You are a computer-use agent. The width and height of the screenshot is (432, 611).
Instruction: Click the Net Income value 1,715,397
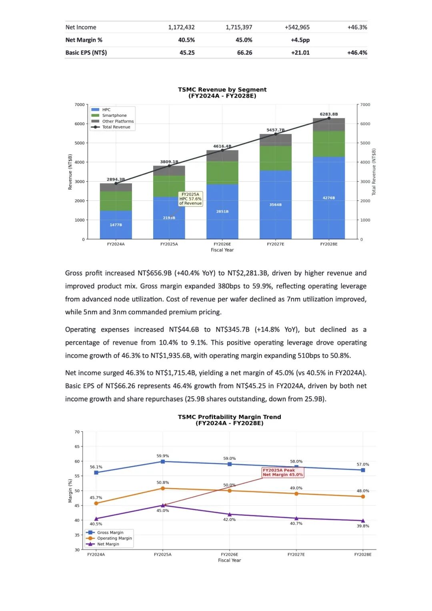tap(239, 27)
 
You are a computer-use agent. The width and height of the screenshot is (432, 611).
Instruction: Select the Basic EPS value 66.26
tap(244, 52)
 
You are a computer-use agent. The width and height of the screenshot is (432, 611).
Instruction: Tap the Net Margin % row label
tap(84, 40)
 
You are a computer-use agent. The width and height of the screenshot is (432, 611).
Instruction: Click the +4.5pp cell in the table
tap(300, 40)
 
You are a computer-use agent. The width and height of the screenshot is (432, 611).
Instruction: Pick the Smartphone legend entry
tap(114, 115)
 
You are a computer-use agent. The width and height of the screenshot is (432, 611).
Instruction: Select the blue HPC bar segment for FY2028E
tap(329, 198)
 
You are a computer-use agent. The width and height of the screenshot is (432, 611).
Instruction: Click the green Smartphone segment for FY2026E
tap(222, 172)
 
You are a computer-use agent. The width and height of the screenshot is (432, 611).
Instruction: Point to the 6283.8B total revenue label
tap(328, 114)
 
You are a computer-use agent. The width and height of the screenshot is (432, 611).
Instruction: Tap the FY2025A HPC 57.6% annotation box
tap(190, 199)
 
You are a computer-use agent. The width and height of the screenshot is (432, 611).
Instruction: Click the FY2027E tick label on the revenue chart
tap(276, 244)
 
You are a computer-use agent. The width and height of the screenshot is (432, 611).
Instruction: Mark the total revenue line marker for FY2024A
tap(116, 183)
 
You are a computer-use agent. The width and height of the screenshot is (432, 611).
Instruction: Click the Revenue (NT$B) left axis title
tap(70, 172)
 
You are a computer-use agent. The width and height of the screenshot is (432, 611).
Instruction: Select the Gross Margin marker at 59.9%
tap(163, 461)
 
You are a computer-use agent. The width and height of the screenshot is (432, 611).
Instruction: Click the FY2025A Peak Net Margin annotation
tap(283, 473)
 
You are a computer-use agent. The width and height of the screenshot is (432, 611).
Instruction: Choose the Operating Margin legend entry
tap(114, 538)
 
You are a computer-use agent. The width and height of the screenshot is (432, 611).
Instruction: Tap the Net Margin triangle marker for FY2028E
tap(363, 521)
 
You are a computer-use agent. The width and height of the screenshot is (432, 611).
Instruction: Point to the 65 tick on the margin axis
tap(77, 447)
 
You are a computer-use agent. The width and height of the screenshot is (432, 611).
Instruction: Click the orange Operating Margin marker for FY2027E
tap(296, 494)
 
